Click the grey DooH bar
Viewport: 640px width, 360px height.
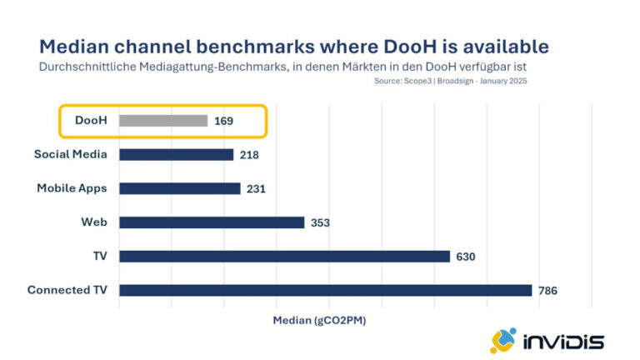163,121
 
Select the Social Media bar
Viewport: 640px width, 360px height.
176,154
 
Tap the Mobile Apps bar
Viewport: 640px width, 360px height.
179,188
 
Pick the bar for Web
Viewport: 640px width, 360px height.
212,222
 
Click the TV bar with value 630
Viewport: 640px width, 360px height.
284,257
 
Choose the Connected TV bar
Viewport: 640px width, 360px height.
325,290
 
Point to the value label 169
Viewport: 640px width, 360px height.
223,121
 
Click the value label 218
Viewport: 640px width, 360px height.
249,155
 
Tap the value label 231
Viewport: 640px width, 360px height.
256,189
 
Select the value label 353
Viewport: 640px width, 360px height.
320,222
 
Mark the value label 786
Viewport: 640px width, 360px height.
547,291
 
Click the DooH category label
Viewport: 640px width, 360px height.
90,121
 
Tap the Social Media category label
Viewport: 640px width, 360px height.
71,154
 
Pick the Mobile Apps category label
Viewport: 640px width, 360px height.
72,188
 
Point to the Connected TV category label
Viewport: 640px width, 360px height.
67,290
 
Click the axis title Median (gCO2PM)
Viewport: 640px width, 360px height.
318,320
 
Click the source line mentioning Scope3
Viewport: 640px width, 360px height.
451,81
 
